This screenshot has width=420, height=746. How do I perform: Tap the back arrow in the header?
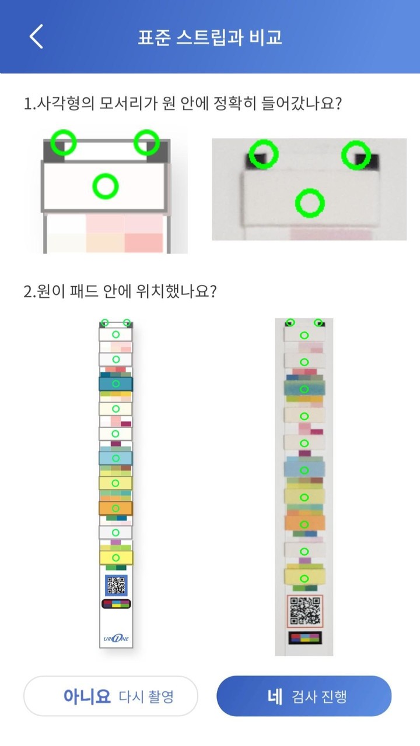36,37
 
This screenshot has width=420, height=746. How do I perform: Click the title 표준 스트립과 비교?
210,37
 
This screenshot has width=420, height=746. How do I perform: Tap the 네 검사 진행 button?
303,696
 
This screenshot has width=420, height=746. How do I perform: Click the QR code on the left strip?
116,585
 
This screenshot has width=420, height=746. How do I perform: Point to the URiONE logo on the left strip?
116,638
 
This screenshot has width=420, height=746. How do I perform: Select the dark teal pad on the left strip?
116,383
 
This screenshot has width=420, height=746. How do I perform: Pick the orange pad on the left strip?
116,508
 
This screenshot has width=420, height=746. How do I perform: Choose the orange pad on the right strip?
304,523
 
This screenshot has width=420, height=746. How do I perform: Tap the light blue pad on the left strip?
116,458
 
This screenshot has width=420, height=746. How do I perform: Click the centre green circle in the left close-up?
106,186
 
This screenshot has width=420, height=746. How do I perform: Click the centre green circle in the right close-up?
309,203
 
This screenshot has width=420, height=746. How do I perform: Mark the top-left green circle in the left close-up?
62,142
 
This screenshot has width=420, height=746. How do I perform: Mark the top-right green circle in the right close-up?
356,155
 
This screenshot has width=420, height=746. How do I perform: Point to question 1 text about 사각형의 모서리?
182,104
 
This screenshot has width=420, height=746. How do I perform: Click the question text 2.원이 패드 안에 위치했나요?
120,291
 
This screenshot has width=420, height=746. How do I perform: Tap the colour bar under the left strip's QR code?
116,604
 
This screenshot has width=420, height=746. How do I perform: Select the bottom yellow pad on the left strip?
116,558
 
